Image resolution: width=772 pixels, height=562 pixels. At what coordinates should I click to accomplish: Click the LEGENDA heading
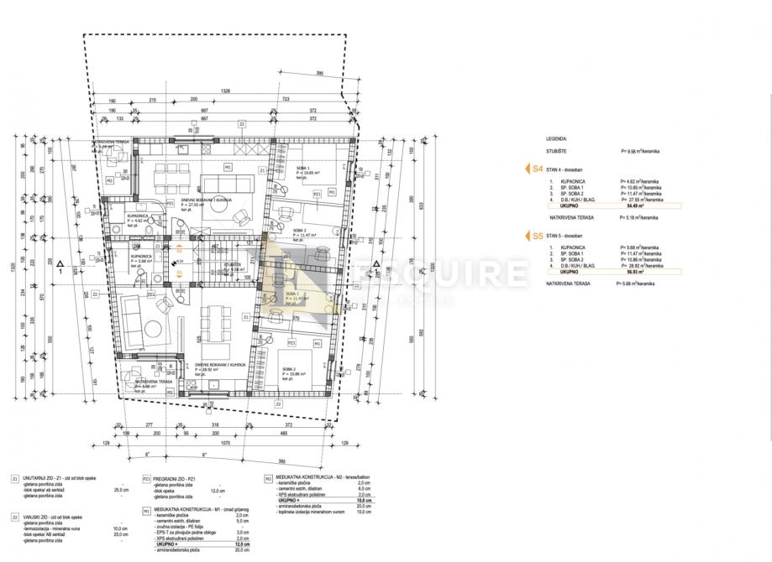556,139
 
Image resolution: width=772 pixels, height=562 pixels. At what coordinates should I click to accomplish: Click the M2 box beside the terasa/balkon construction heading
267,478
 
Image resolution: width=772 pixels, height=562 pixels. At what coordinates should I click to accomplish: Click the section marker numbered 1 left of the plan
61,271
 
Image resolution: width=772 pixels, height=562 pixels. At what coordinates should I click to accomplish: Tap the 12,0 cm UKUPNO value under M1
244,544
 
